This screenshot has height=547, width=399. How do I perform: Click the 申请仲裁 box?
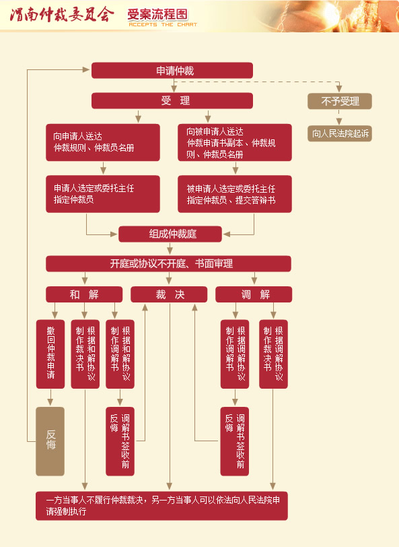[x=172, y=71]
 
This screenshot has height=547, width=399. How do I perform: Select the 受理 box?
[x=172, y=101]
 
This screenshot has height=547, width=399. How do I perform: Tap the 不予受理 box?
[x=340, y=101]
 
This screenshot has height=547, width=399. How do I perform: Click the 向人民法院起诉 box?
[x=340, y=133]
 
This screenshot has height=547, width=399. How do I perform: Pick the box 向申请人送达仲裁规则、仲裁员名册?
[x=102, y=142]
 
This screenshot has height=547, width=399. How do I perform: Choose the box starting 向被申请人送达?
[x=235, y=142]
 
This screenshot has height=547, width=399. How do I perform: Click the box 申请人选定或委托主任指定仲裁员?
[x=102, y=194]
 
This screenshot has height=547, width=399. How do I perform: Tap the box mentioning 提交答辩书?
[x=235, y=194]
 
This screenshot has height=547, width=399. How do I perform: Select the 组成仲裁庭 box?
[x=170, y=234]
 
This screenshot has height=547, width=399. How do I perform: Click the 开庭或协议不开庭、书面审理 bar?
[x=168, y=263]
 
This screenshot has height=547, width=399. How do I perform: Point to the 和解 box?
[x=84, y=294]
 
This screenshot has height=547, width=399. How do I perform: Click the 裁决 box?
[x=169, y=294]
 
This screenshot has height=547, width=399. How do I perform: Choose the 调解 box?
[x=254, y=294]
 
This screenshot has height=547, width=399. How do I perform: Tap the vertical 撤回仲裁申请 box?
[x=50, y=354]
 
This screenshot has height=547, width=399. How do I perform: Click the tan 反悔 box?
[x=50, y=441]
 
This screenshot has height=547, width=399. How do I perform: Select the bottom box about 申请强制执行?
[x=161, y=506]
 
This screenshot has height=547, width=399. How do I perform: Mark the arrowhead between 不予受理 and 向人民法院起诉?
[x=340, y=121]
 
